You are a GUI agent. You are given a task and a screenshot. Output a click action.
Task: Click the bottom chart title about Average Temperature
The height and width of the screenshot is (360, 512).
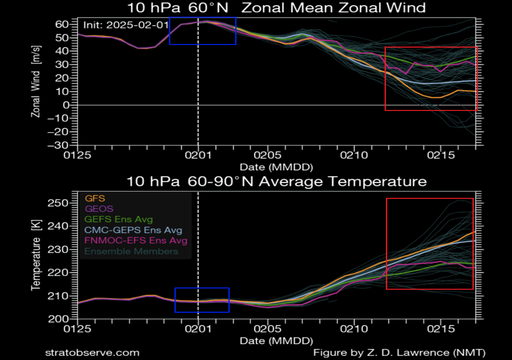(x=276, y=181)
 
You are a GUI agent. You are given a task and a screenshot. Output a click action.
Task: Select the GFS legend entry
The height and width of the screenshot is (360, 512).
(x=95, y=198)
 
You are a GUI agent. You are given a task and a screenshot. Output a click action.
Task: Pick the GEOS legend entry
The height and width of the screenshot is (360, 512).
(x=99, y=208)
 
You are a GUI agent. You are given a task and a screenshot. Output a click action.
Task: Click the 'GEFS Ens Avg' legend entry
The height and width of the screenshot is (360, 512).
(x=119, y=219)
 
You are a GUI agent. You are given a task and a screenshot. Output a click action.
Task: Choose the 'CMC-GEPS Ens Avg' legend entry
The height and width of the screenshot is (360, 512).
(x=133, y=230)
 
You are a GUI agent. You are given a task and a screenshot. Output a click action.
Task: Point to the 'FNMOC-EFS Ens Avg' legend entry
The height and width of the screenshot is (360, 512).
(x=136, y=240)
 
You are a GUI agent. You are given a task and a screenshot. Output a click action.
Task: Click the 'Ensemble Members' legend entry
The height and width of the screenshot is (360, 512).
(x=131, y=251)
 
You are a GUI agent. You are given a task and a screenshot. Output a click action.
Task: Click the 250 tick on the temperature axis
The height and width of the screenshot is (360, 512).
(x=61, y=202)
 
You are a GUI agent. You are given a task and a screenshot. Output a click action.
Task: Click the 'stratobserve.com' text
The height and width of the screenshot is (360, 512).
(x=92, y=352)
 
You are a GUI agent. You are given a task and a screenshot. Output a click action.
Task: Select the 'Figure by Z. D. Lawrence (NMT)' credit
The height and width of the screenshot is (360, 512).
(x=399, y=352)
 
